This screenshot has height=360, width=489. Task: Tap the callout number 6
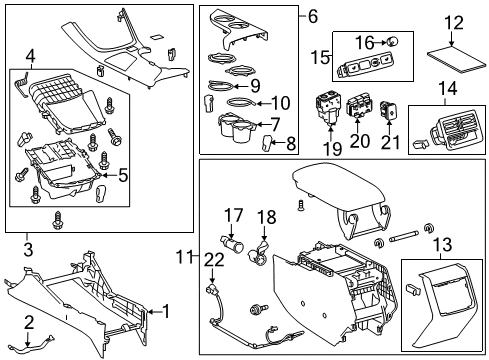coord(312,16)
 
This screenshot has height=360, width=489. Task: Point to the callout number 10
coord(280,101)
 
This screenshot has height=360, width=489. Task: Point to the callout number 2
coord(29,321)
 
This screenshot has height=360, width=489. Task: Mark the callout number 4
coord(30,55)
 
